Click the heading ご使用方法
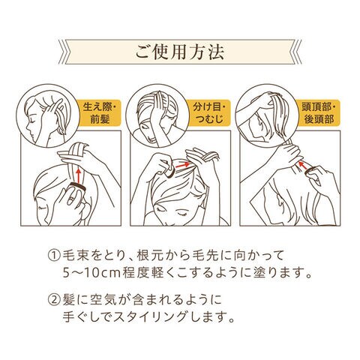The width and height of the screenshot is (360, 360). pyautogui.click(x=180, y=52)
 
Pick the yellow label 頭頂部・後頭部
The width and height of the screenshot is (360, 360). pyautogui.click(x=319, y=113)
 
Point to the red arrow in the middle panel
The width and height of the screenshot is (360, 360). pyautogui.click(x=181, y=165)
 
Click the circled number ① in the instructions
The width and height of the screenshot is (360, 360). pyautogui.click(x=54, y=256)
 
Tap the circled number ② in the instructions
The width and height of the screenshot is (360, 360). pyautogui.click(x=54, y=299)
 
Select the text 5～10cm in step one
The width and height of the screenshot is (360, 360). pyautogui.click(x=91, y=274)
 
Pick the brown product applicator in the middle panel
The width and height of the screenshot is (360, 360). pyautogui.click(x=169, y=172)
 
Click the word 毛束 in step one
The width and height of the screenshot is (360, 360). pyautogui.click(x=74, y=256)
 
